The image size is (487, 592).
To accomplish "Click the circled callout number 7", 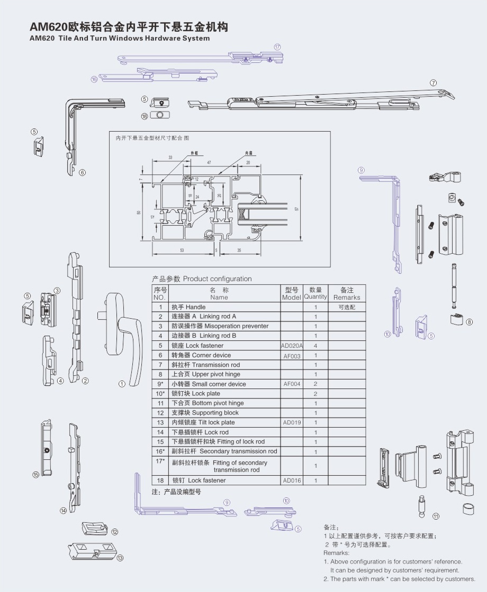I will coord(433,83).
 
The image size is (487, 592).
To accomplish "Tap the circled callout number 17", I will coord(277,47).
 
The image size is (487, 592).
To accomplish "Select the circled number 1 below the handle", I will coord(122,384).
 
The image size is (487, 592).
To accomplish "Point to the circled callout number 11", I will coord(436,516).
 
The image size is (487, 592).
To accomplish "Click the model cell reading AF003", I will coord(292,356).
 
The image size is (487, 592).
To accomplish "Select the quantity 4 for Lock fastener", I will coord(315,346).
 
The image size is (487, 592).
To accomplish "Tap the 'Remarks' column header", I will coord(347,294).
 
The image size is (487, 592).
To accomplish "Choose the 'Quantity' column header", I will coord(315,294).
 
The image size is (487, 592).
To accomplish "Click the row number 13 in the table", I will coord(160,422).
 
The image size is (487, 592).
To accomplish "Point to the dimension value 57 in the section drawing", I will coord(297,209).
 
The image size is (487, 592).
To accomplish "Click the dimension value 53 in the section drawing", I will coord(182,249).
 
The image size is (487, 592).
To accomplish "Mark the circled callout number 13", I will coord(120,558).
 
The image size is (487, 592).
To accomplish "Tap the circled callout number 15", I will coord(36,475).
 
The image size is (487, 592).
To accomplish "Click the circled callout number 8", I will coord(469,322).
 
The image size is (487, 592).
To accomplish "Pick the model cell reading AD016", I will coord(292,480).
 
